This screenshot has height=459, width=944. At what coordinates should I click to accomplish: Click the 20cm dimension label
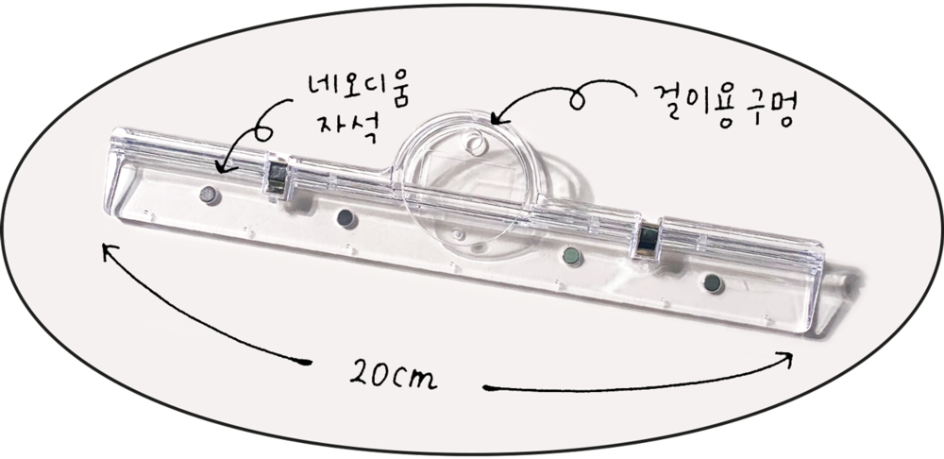coord(393,375)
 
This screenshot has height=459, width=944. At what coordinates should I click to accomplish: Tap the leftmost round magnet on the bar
coord(208,195)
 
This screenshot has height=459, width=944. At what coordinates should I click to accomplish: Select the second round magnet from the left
coord(346,218)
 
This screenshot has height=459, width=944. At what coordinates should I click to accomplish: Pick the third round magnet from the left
coord(571,257)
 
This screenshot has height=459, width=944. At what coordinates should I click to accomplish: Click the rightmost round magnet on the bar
coord(713,282)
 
